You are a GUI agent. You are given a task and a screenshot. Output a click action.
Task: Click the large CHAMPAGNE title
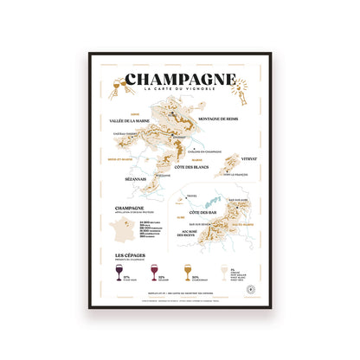click(x=179, y=80)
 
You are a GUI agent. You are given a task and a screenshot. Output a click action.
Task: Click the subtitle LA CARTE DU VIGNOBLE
click(x=179, y=93)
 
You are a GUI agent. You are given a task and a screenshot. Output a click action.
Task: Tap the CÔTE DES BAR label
click(x=198, y=211)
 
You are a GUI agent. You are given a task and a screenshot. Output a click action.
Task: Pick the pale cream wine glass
click(x=227, y=271)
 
